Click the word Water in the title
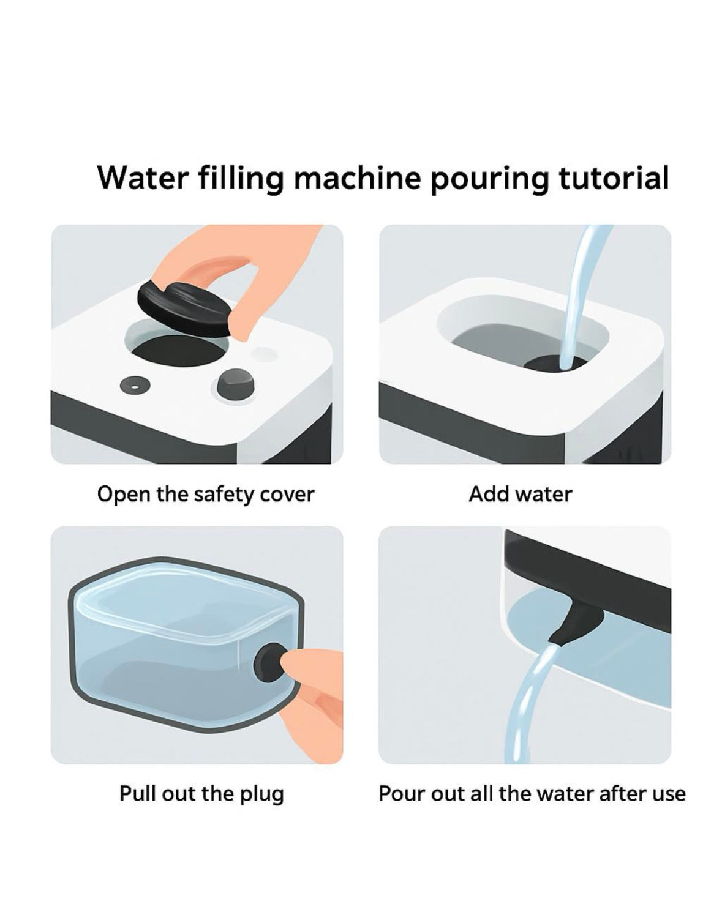point(141,177)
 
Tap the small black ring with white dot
point(135,386)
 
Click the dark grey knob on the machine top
point(235,382)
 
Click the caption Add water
point(520,495)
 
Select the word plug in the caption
point(261,794)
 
